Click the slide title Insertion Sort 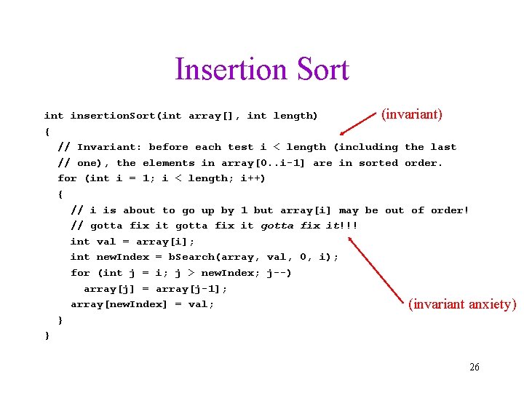coord(262,70)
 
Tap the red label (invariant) coord(412,114)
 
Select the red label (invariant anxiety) coord(462,304)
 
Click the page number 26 coord(474,367)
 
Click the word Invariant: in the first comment coord(106,147)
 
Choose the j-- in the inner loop coord(278,273)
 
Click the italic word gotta coord(276,226)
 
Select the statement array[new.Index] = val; coord(142,304)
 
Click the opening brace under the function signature coord(47,132)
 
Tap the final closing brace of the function coord(47,336)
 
